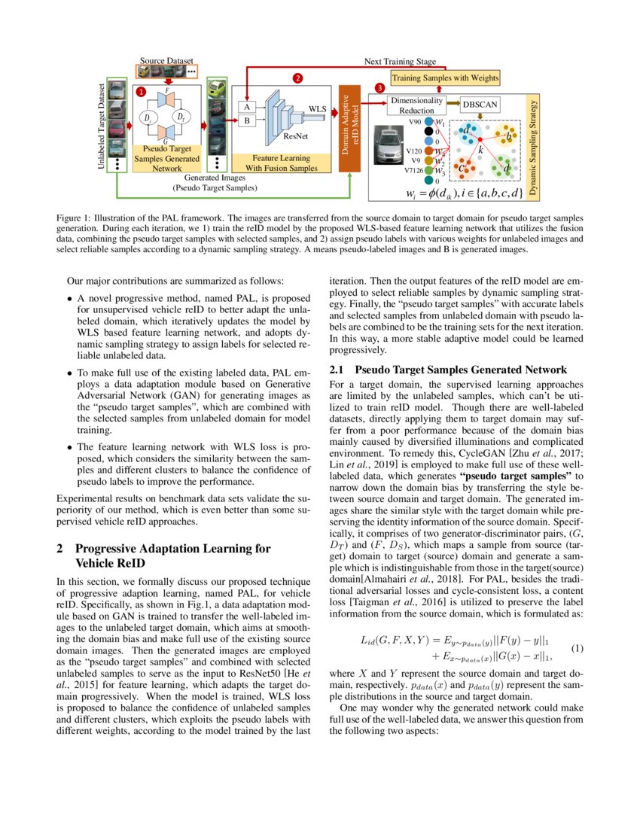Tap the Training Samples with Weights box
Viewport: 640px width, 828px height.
click(x=444, y=78)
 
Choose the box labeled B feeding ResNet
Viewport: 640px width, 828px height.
click(x=245, y=120)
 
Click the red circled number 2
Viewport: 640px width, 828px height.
click(x=297, y=78)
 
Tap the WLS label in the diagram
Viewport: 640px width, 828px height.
click(x=318, y=108)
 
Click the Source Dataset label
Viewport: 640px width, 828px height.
click(x=166, y=60)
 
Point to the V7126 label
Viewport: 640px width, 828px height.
click(x=413, y=170)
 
